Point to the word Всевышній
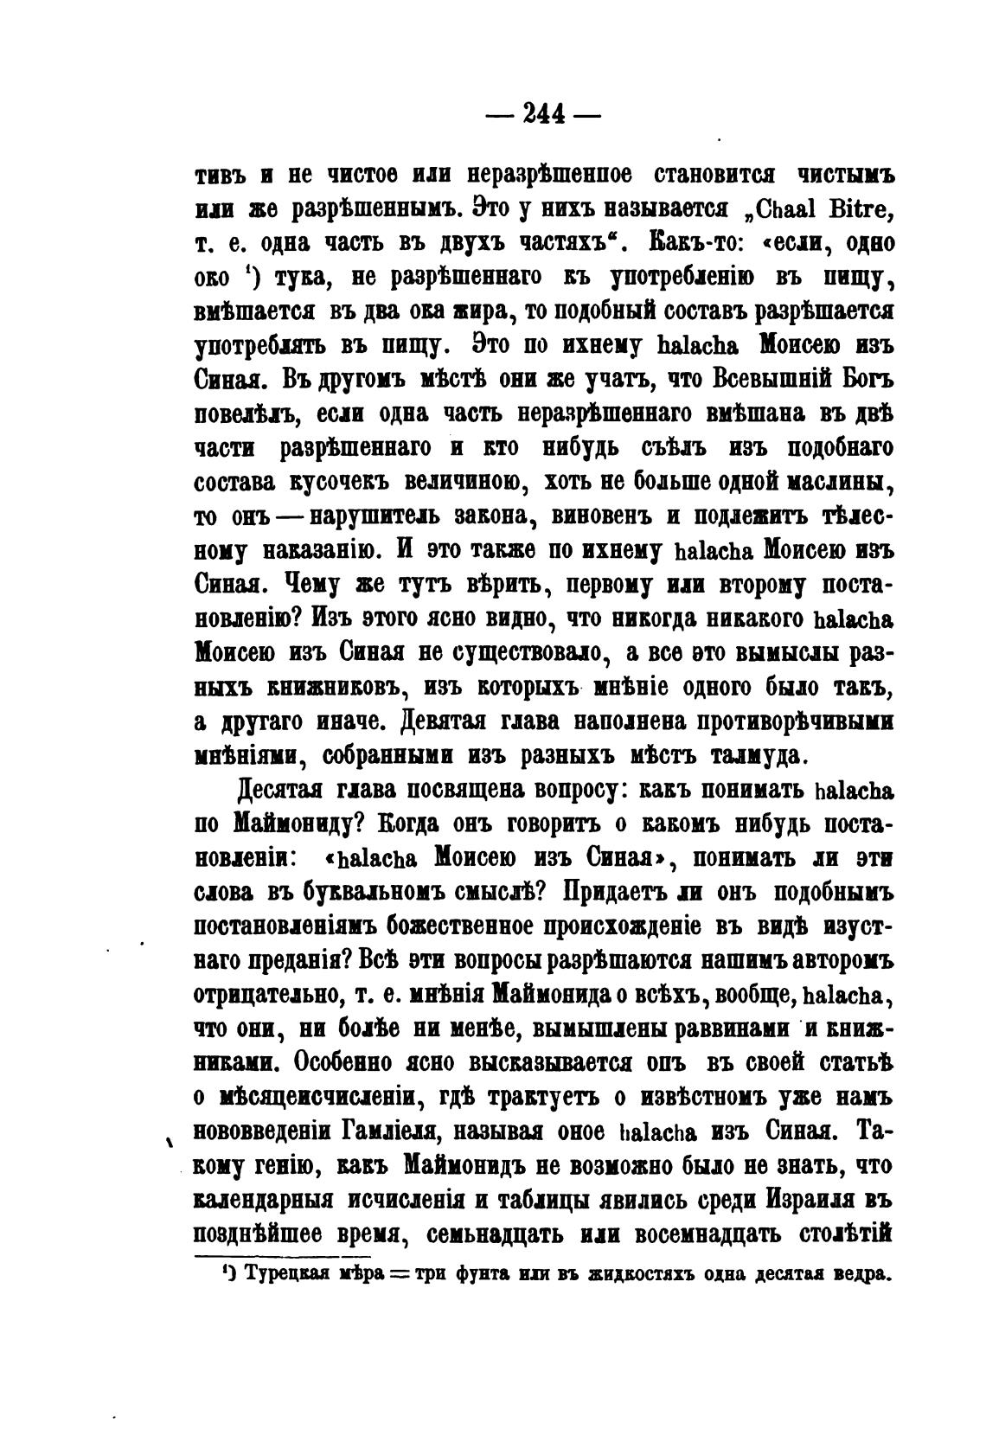[772, 379]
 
